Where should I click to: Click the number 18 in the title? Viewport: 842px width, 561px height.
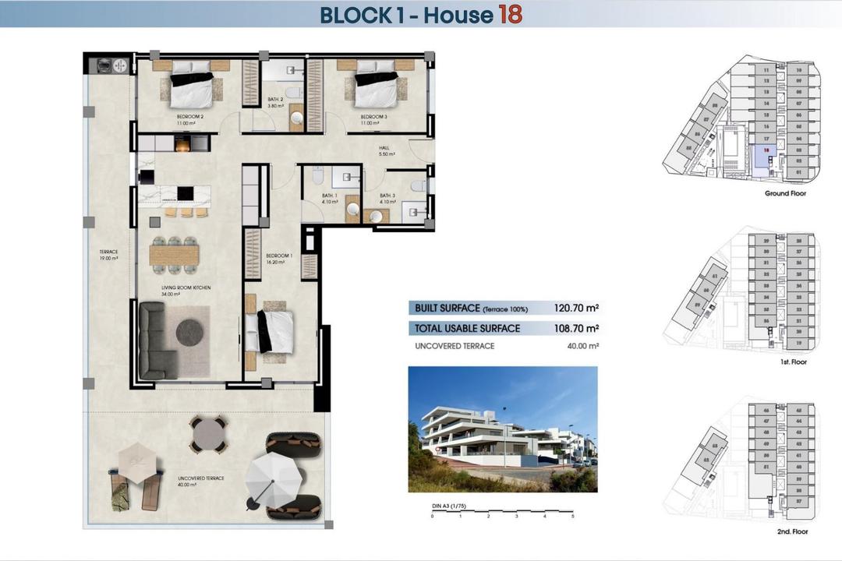(x=509, y=14)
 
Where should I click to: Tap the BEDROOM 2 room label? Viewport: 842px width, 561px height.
(x=190, y=117)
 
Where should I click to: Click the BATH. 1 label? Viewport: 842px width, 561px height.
(x=330, y=198)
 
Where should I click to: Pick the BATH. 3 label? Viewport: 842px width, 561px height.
(x=388, y=198)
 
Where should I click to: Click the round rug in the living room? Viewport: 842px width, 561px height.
(x=189, y=332)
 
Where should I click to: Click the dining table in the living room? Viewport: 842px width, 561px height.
(x=175, y=255)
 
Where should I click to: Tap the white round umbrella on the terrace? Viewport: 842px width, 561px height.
(x=273, y=477)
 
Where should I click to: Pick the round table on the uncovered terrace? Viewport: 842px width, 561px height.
(x=208, y=433)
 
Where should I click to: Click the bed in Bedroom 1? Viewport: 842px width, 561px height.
(x=270, y=331)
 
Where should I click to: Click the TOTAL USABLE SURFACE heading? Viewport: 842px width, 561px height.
(x=467, y=328)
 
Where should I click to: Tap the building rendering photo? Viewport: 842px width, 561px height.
(x=503, y=429)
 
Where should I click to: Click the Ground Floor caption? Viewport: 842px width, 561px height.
(x=785, y=193)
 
